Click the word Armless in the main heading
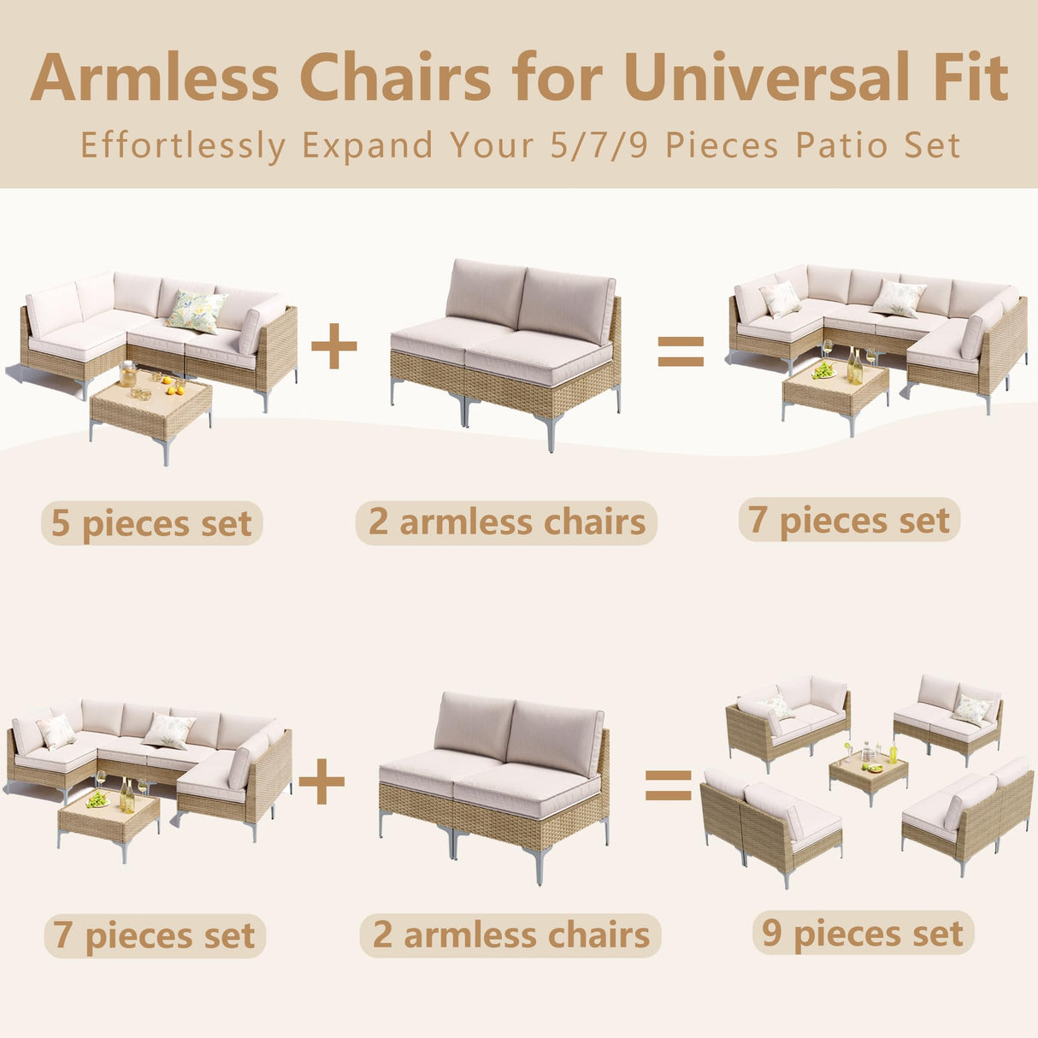tap(155, 78)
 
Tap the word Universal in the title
tap(767, 78)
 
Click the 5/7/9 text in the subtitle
tap(599, 145)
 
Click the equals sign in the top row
tap(681, 351)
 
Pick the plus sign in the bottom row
tap(321, 781)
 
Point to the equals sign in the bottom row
tap(668, 785)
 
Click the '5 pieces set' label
tap(151, 523)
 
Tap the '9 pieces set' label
tap(863, 933)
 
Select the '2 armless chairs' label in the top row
tap(507, 522)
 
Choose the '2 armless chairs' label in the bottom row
tap(510, 935)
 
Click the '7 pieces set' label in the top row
tap(849, 520)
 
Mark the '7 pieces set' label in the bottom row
tap(154, 935)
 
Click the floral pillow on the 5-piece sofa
tap(197, 311)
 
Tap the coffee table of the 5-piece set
tap(151, 408)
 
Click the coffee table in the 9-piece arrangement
tap(868, 772)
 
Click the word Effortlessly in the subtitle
tap(183, 145)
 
